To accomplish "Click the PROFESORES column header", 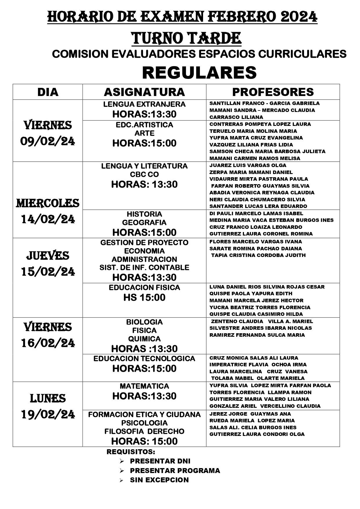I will (x=273, y=92).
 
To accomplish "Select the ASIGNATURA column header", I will (x=144, y=92).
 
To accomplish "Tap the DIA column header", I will (x=48, y=92).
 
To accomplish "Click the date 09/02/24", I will (x=48, y=142).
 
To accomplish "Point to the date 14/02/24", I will (x=48, y=219).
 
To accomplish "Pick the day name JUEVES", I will (x=48, y=256).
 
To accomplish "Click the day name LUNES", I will (x=48, y=398).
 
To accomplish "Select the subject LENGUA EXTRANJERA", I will (x=144, y=104).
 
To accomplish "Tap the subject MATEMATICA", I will (x=144, y=386).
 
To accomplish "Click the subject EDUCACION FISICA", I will (x=144, y=287).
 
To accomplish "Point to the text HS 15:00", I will (x=144, y=297).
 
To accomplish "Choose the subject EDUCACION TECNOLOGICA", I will (x=144, y=358).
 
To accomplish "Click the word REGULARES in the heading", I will (x=199, y=72).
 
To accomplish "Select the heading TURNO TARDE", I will (x=187, y=38).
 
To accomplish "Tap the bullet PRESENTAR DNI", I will (x=160, y=461).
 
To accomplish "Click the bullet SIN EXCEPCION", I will (x=159, y=480).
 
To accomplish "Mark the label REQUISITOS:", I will (x=131, y=452).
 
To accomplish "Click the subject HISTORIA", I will (x=144, y=214).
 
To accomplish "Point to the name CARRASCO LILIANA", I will (x=236, y=117).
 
